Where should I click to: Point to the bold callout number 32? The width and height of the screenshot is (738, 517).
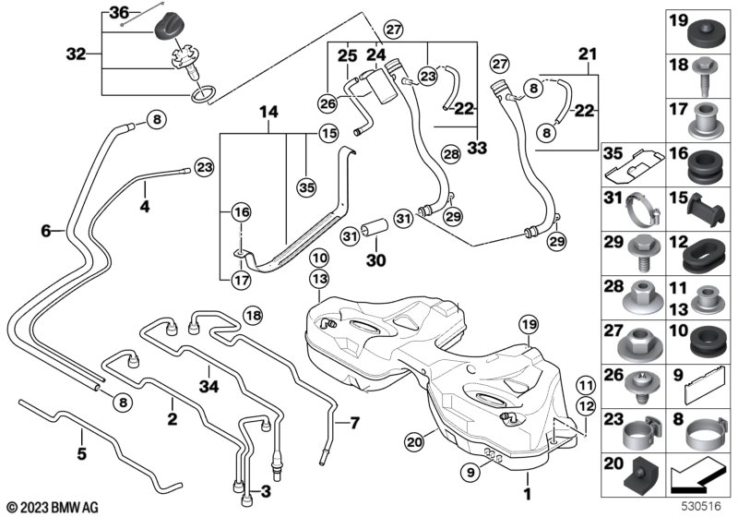pos(77,54)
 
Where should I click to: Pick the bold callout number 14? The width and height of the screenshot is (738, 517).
pos(268,113)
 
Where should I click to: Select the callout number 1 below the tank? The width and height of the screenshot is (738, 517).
pos(528,479)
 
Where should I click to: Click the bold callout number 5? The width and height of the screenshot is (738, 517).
pos(81,454)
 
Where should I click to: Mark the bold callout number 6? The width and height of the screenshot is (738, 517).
pos(46,232)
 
